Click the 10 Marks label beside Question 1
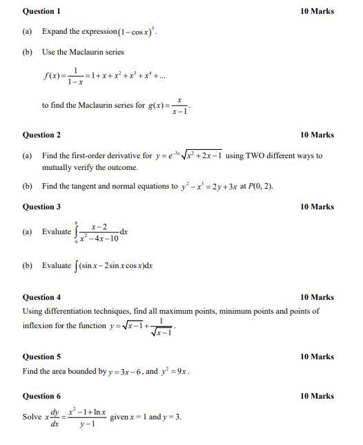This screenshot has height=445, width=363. point(317,11)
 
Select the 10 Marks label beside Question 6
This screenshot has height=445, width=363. point(317,396)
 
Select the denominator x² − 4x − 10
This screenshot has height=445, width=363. point(100,239)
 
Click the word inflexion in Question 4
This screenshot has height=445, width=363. point(39,325)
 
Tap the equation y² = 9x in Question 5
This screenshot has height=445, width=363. point(177,371)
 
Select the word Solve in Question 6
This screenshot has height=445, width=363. point(32,417)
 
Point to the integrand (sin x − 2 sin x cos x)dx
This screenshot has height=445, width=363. point(115,265)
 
